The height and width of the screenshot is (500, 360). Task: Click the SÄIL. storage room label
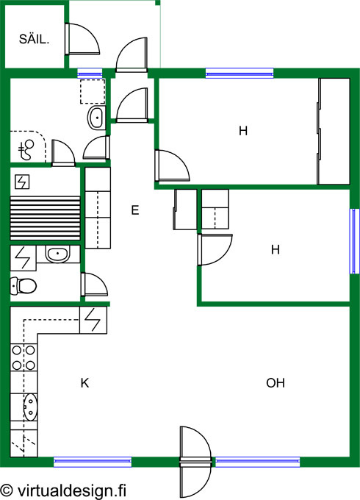tap(34, 39)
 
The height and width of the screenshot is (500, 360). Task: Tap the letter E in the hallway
tap(135, 210)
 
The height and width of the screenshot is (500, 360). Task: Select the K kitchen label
tap(84, 382)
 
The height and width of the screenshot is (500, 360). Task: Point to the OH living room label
tap(276, 382)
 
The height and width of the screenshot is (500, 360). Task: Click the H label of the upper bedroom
tap(243, 131)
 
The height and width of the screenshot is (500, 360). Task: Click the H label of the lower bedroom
tap(276, 249)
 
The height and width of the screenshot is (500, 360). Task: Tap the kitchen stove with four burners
tap(24, 357)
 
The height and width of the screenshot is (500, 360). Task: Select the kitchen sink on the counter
tap(30, 407)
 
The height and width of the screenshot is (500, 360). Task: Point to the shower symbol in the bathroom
tap(26, 149)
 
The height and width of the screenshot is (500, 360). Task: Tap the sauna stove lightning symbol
tap(22, 182)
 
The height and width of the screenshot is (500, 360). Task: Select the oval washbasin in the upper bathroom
tap(96, 118)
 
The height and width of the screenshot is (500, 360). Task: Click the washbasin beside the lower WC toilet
tap(57, 254)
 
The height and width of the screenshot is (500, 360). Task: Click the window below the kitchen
tap(93, 462)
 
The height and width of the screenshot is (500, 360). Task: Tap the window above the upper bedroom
tap(240, 74)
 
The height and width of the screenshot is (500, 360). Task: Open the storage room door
tap(82, 39)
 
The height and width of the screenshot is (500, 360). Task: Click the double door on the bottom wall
tap(195, 462)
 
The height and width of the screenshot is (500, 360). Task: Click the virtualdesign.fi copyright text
tap(63, 490)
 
